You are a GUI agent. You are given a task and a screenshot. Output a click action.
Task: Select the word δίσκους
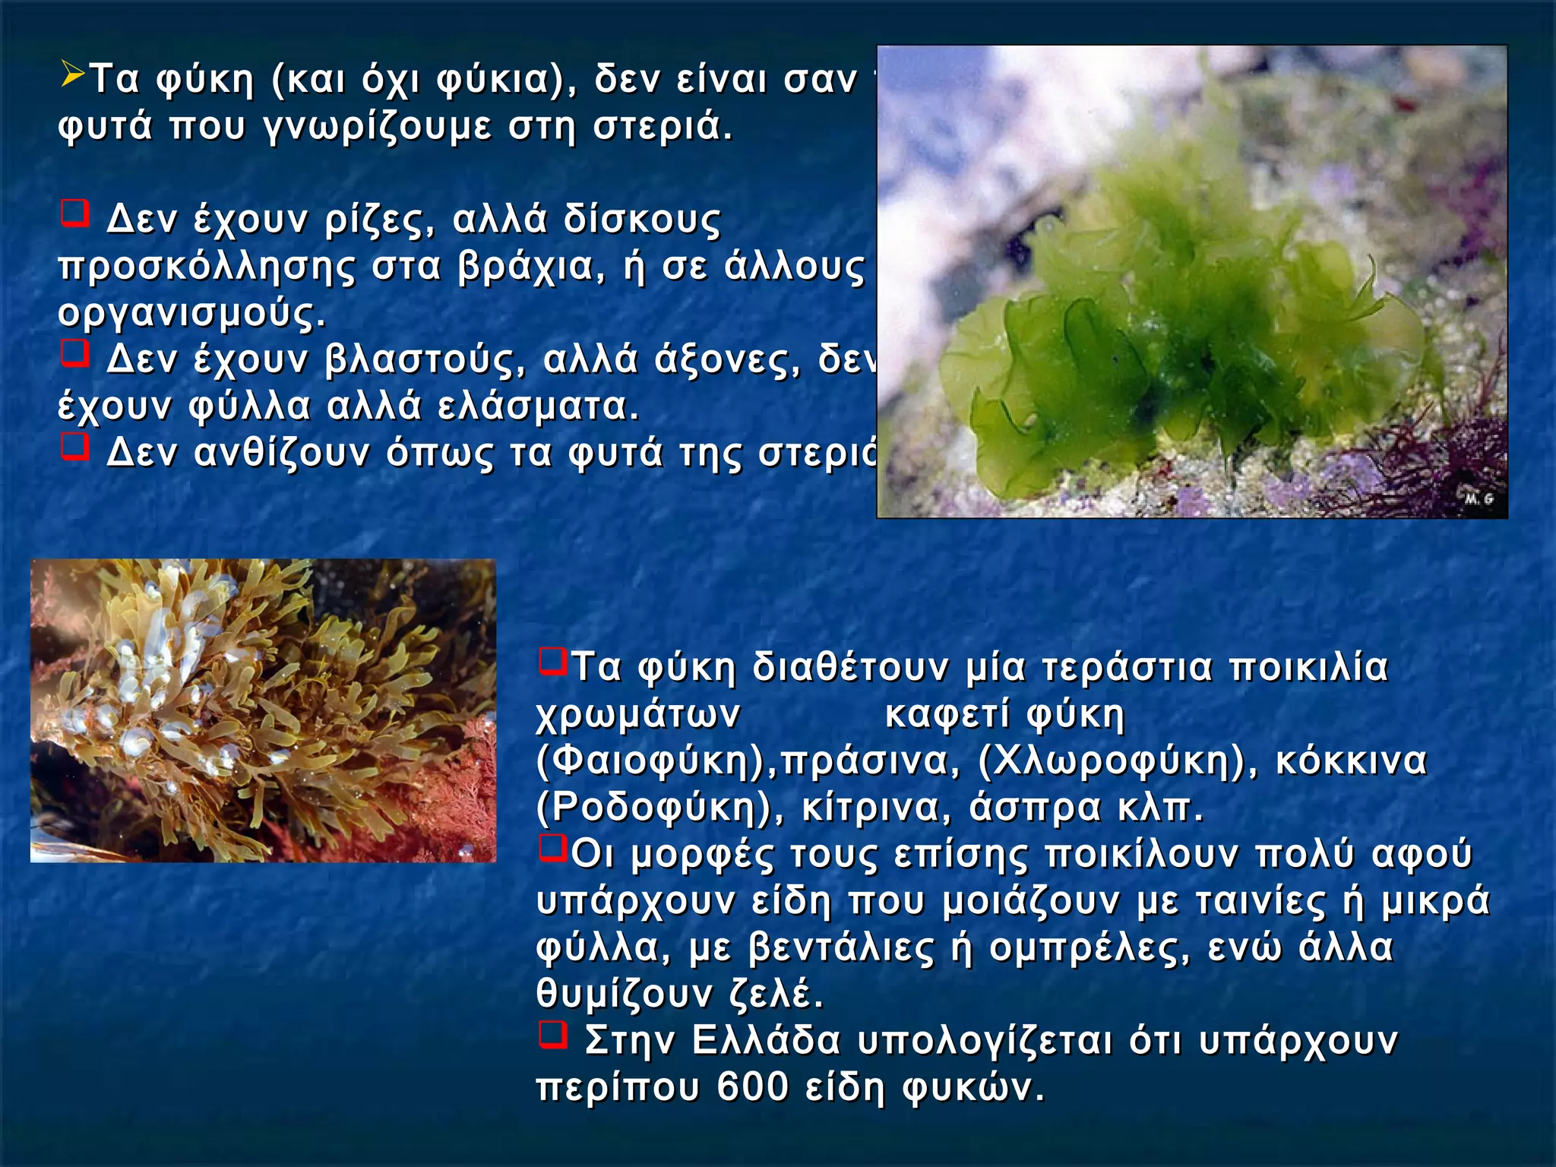[642, 220]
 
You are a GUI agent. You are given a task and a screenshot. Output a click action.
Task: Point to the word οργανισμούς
[191, 314]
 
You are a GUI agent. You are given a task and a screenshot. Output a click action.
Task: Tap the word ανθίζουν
[282, 454]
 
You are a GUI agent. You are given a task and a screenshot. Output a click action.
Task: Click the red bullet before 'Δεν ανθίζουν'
[75, 447]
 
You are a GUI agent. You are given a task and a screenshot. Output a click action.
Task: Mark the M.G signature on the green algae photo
[1479, 498]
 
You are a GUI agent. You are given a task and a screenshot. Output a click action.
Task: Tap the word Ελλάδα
[767, 1041]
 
